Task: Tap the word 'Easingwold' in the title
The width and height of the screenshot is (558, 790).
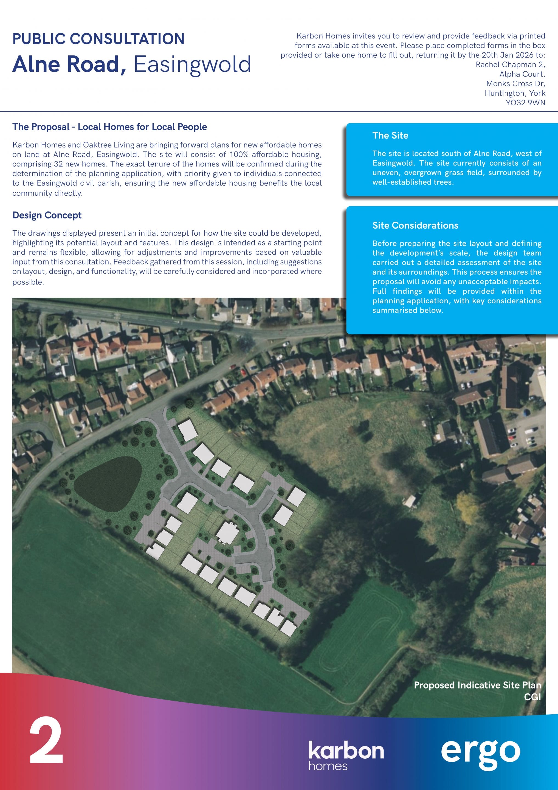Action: coord(192,64)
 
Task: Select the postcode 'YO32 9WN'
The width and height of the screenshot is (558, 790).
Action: coord(525,103)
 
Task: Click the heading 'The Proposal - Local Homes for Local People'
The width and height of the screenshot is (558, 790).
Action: coord(109,127)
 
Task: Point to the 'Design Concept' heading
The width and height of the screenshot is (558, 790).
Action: coord(47,215)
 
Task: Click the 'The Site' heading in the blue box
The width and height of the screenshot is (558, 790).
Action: coord(390,136)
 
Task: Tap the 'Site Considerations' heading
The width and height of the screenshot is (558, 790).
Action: coord(415,226)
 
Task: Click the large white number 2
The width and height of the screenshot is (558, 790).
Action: coord(46,740)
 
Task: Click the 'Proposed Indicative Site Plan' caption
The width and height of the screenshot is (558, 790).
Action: coord(477,685)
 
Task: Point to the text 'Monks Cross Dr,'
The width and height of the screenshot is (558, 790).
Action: coord(515,84)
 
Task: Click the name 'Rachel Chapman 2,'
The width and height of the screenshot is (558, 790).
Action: coord(510,65)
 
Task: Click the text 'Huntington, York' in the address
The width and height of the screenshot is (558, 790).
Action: coord(515,93)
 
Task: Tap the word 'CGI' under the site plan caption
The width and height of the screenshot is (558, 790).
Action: coord(532,697)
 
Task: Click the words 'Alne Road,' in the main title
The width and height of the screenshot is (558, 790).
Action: coord(69,64)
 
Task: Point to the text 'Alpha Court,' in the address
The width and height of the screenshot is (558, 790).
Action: coord(522,74)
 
